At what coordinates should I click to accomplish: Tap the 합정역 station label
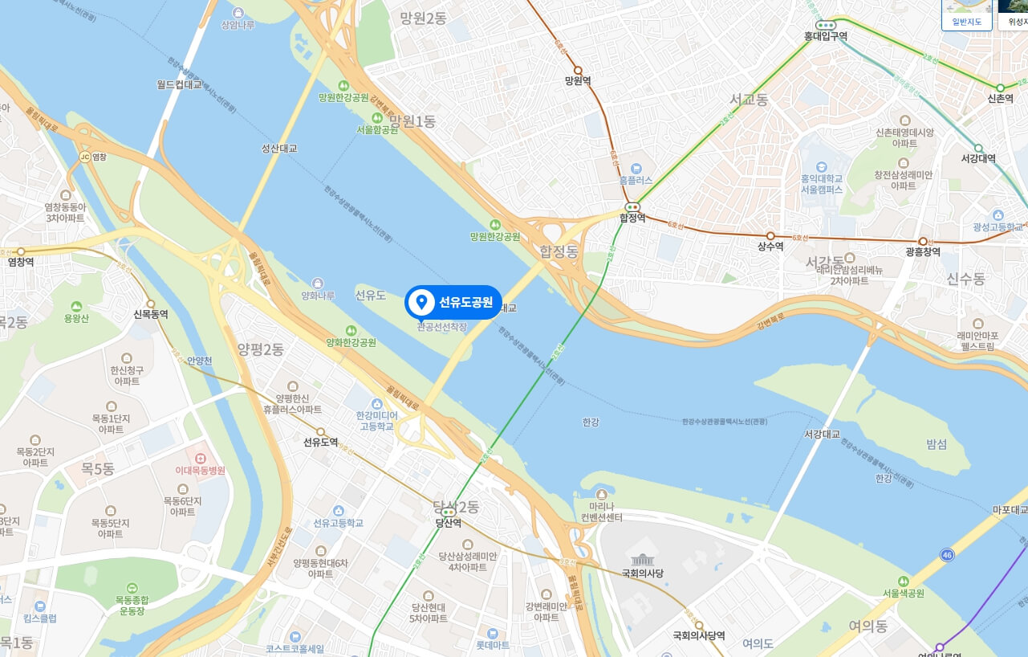632,218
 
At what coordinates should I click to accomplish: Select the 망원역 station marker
578,71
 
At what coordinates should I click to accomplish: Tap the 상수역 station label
770,247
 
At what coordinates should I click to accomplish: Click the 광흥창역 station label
922,251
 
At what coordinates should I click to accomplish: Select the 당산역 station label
448,523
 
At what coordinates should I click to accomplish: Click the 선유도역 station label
320,442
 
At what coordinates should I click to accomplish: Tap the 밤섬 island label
937,444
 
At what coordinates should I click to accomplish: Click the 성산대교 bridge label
279,149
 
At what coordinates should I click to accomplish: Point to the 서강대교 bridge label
822,434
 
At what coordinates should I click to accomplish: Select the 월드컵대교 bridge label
180,84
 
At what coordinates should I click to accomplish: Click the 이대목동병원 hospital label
201,471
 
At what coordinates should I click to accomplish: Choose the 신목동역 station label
150,314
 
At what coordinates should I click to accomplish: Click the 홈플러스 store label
636,181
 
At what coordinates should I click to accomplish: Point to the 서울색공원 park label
904,594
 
